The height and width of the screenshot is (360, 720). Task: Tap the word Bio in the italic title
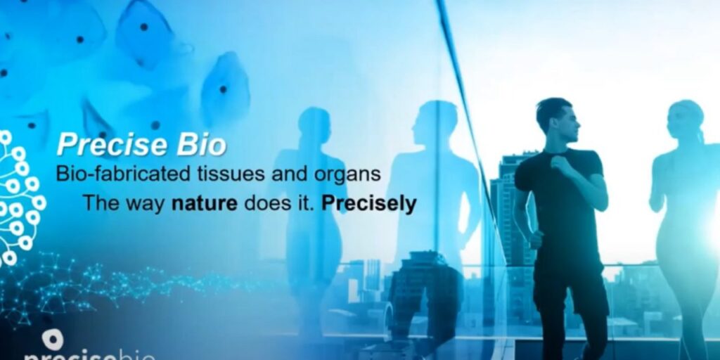[x=202, y=145]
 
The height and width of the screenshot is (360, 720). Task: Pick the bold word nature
[x=205, y=203]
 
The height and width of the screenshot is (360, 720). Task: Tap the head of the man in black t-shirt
[x=557, y=121]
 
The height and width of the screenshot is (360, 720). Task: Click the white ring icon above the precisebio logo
[x=53, y=340]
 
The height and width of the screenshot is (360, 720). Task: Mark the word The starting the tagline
[x=101, y=203]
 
